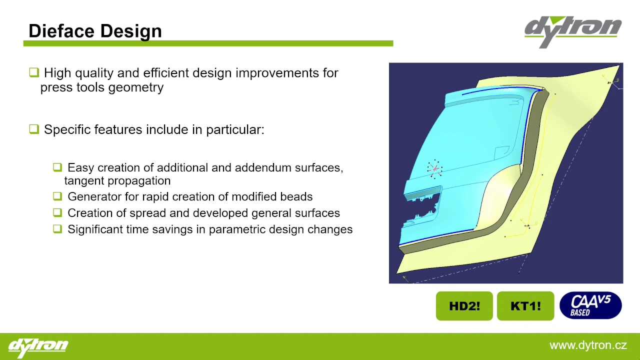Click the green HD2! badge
click(464, 306)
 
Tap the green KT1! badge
click(525, 306)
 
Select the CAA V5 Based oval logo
click(590, 305)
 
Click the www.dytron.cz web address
click(588, 345)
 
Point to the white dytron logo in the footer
click(38, 347)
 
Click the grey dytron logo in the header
click(573, 32)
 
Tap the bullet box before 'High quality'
click(34, 72)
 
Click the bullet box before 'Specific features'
click(34, 129)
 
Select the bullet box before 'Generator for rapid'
click(57, 196)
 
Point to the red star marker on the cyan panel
click(434, 169)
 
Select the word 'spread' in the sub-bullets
click(147, 213)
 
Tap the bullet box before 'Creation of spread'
click(57, 212)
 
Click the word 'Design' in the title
click(131, 31)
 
